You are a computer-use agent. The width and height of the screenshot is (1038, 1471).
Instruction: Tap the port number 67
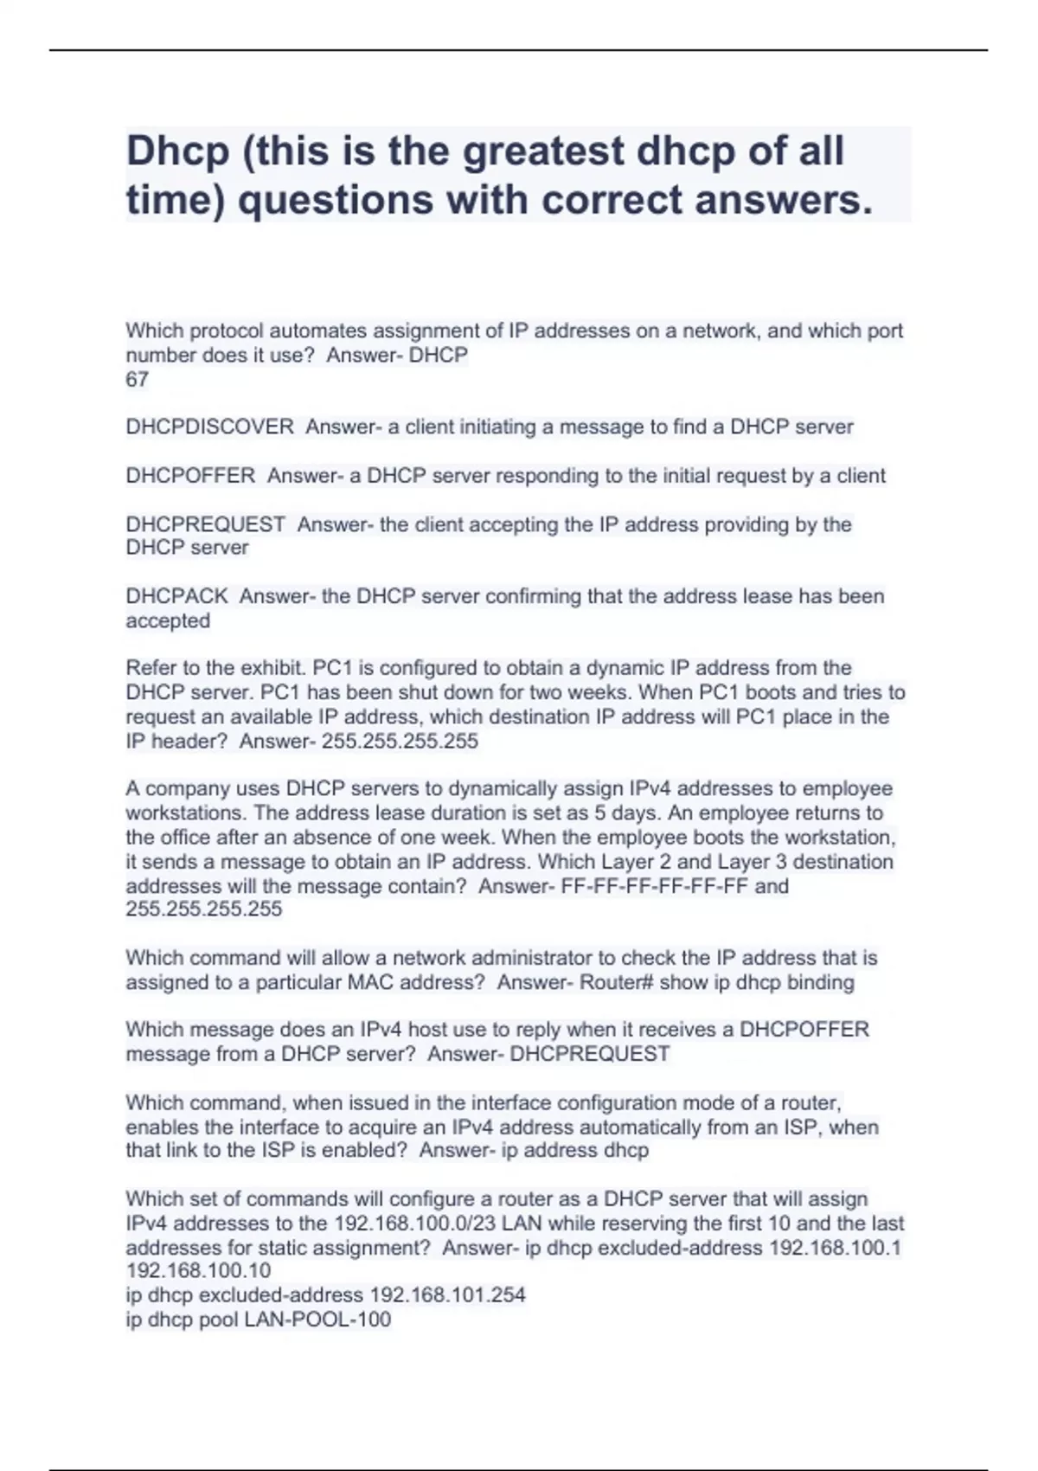click(x=138, y=379)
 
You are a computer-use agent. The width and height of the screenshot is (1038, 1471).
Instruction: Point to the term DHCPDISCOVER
click(x=210, y=427)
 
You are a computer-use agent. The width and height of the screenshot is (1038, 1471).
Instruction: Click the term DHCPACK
click(x=177, y=596)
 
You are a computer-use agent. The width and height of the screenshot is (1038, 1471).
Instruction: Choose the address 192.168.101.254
click(x=447, y=1295)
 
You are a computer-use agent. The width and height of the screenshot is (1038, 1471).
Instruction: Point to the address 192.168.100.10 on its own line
click(x=198, y=1270)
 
